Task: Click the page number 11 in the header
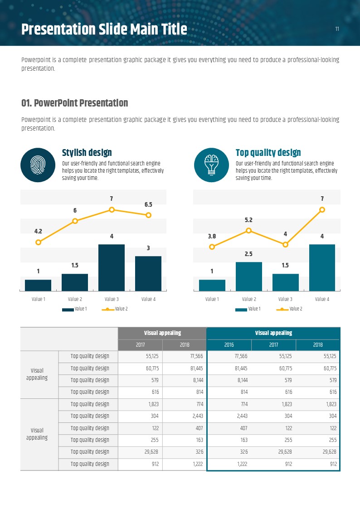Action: pyautogui.click(x=337, y=29)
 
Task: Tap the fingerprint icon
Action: pyautogui.click(x=38, y=165)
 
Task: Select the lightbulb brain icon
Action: pyautogui.click(x=211, y=165)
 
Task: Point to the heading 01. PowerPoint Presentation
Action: pyautogui.click(x=75, y=103)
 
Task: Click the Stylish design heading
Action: pyautogui.click(x=87, y=153)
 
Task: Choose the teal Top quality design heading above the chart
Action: pyautogui.click(x=268, y=153)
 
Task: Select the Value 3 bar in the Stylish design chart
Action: pyautogui.click(x=112, y=267)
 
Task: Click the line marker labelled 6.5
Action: pyautogui.click(x=148, y=215)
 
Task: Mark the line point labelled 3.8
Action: pyautogui.click(x=212, y=247)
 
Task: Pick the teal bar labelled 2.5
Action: pyautogui.click(x=248, y=276)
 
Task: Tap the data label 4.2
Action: pyautogui.click(x=38, y=231)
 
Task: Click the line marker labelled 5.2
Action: pyautogui.click(x=248, y=230)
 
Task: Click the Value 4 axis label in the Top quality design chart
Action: pyautogui.click(x=322, y=299)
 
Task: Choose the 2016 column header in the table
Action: pyautogui.click(x=229, y=344)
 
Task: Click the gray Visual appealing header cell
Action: pyautogui.click(x=162, y=333)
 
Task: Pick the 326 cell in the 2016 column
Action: pyautogui.click(x=229, y=452)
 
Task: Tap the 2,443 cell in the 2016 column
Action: pyautogui.click(x=229, y=416)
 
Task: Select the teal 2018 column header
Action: pyautogui.click(x=318, y=344)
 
